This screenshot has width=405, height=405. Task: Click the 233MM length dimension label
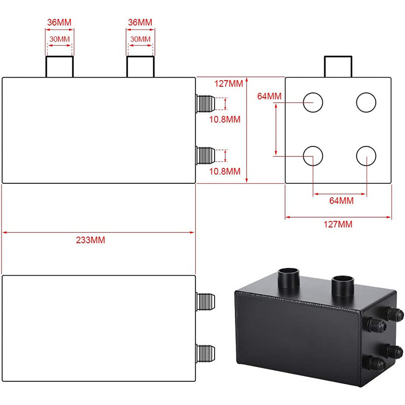[x=91, y=240]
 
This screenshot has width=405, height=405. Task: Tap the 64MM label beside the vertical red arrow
[x=269, y=96]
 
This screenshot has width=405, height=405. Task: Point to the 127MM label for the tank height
[x=229, y=85]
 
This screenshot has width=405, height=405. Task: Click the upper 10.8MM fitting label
[x=225, y=119]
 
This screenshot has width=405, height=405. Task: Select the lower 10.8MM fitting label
[x=225, y=171]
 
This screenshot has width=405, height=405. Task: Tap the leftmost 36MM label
[x=60, y=23]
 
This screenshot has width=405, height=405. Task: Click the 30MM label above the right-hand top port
[x=141, y=39]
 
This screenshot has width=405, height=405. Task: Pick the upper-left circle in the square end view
[x=313, y=102]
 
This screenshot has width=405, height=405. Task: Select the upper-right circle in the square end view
[x=366, y=102]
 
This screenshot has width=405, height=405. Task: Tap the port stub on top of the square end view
[x=338, y=67]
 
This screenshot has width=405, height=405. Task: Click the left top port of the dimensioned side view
[x=60, y=67]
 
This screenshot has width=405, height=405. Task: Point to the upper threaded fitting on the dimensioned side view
[x=205, y=102]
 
